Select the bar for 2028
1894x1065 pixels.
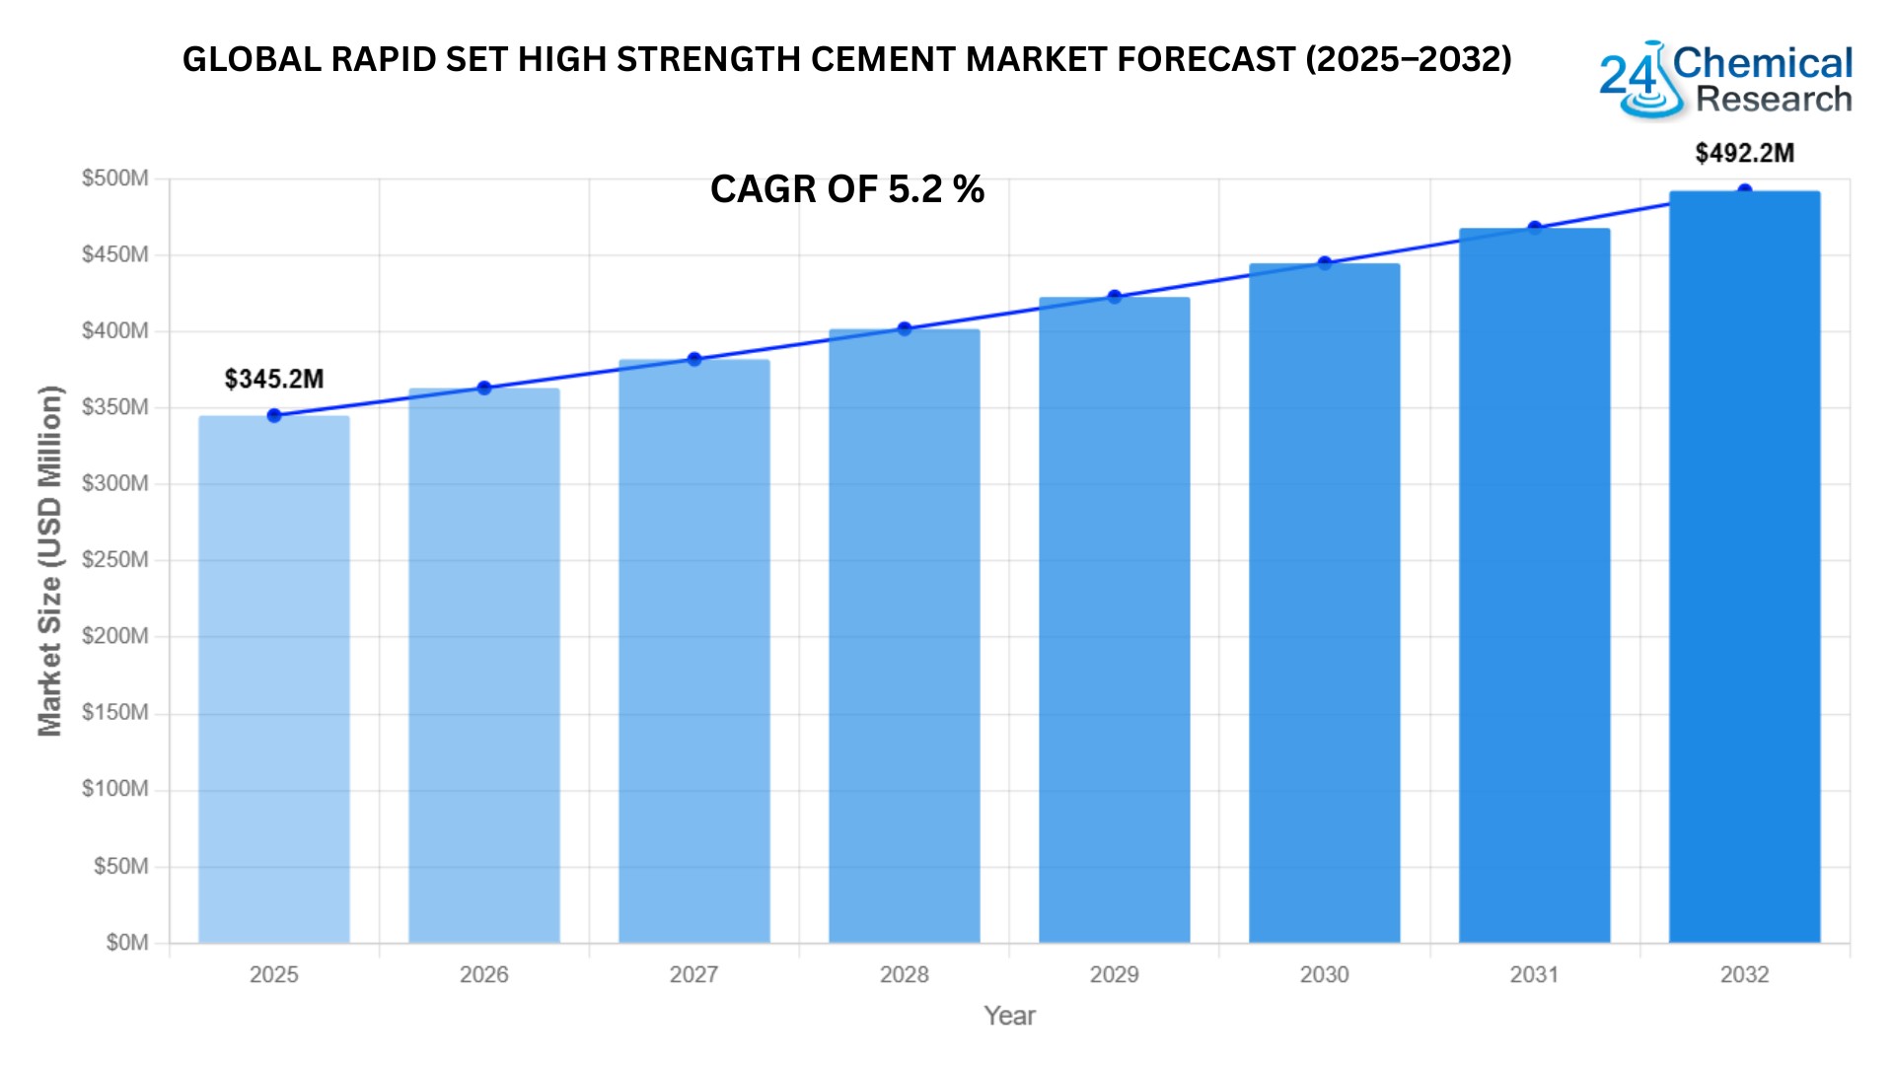point(904,636)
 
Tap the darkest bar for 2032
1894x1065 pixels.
point(1744,567)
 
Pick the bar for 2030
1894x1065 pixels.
point(1324,603)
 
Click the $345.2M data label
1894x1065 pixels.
point(274,380)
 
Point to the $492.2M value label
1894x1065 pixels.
point(1744,154)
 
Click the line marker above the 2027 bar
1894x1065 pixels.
point(694,359)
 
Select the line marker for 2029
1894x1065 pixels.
point(1115,297)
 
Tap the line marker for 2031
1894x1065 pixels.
point(1535,228)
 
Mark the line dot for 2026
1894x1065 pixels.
point(484,389)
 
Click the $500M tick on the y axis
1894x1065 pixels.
point(115,178)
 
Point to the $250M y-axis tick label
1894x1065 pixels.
point(115,560)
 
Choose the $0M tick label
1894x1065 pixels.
point(127,943)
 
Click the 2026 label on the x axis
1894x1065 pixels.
point(484,975)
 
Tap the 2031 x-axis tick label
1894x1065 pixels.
point(1535,975)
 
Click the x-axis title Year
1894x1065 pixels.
point(1009,1016)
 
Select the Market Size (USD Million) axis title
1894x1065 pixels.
point(49,561)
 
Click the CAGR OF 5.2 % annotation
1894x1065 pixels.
point(847,189)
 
